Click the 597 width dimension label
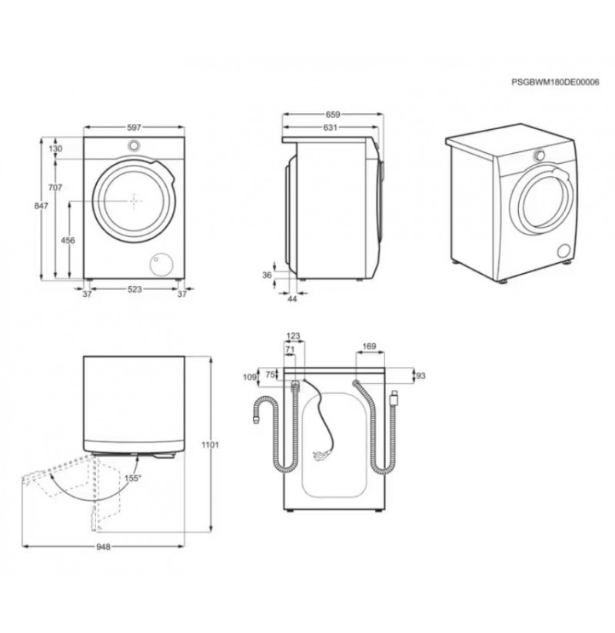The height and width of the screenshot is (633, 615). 134,128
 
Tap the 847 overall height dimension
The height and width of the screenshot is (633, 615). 41,206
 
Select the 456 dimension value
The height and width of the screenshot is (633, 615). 68,241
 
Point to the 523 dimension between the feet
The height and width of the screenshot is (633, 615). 135,289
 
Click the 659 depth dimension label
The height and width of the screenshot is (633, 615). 333,115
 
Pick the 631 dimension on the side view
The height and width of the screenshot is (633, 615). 330,128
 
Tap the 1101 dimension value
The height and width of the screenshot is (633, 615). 210,445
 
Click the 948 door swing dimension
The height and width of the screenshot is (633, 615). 103,547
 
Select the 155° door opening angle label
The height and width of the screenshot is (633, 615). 133,478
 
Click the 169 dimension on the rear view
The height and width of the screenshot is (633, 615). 369,346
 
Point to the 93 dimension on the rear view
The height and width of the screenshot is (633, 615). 421,376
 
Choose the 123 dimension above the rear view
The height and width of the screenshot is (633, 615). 294,336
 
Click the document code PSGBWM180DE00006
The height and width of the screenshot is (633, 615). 555,82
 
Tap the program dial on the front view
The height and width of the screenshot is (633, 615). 134,145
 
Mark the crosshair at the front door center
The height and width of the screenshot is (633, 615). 135,200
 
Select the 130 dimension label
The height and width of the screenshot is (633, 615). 55,148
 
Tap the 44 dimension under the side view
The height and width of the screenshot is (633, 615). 293,299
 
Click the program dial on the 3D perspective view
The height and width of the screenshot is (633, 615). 539,155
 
